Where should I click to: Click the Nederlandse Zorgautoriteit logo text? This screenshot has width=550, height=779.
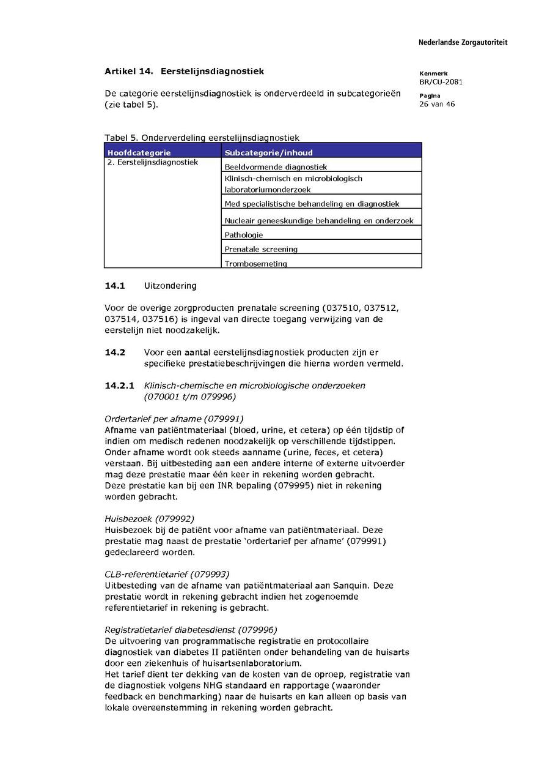click(463, 42)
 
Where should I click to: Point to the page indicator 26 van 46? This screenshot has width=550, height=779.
click(437, 104)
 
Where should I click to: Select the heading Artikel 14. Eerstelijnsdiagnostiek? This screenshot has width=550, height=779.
click(184, 72)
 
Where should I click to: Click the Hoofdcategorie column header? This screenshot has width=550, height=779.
click(139, 152)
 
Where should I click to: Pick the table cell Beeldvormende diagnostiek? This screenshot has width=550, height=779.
click(276, 166)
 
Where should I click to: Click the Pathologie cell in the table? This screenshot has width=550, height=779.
click(244, 234)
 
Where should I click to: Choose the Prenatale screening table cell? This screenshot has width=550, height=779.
click(261, 249)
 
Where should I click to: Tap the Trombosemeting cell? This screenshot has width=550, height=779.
click(255, 264)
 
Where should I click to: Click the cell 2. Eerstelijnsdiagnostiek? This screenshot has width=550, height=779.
click(153, 163)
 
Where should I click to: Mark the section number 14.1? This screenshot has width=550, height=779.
click(115, 286)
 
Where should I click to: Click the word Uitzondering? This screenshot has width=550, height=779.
click(170, 286)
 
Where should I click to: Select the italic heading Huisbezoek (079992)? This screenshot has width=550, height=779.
click(150, 519)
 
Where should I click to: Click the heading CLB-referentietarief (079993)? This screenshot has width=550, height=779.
click(167, 574)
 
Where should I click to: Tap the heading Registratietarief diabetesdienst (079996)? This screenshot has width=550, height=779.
click(191, 630)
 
